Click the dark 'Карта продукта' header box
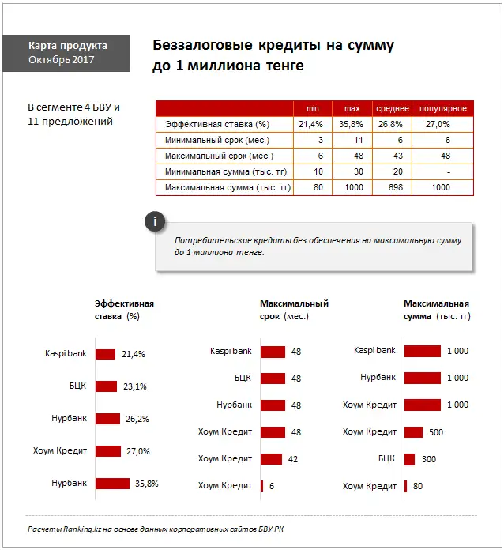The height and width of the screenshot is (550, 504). [67, 53]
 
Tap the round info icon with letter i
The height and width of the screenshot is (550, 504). [156, 222]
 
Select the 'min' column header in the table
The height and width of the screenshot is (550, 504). [312, 108]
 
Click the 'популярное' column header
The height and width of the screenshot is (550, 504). [442, 108]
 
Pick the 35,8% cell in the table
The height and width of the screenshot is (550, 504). [350, 124]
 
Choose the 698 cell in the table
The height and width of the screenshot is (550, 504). [391, 187]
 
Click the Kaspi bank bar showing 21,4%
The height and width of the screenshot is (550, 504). [105, 354]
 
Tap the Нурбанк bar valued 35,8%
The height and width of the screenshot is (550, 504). [111, 483]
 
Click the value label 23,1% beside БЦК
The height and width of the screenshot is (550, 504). [134, 386]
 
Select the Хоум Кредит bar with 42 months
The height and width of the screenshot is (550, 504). [271, 458]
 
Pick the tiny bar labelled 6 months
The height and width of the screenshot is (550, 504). [261, 485]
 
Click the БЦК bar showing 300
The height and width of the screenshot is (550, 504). [409, 458]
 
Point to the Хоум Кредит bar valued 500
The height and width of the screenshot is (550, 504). [413, 432]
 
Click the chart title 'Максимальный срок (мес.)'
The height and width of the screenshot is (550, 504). [293, 310]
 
